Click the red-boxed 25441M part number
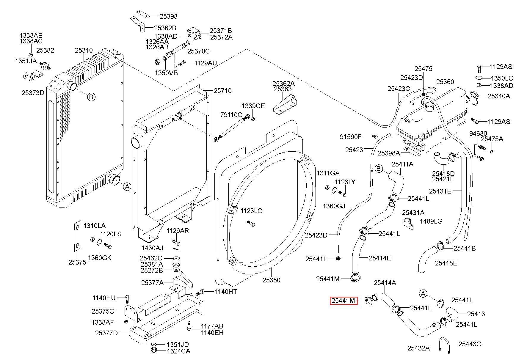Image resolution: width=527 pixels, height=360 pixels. [x=343, y=301]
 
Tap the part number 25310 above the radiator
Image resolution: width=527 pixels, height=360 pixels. [x=84, y=50]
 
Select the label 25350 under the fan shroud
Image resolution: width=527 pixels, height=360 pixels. [x=271, y=280]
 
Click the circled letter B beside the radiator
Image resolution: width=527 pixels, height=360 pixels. [x=91, y=97]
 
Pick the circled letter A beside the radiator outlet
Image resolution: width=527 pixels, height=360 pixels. [x=127, y=187]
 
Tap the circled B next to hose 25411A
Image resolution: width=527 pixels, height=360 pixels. [x=379, y=169]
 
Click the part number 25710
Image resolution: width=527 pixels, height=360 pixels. [x=222, y=91]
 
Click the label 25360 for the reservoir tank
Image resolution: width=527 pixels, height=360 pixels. [x=445, y=82]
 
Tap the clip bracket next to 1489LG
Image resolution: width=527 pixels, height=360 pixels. [x=408, y=224]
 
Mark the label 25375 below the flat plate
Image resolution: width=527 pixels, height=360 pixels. [x=77, y=262]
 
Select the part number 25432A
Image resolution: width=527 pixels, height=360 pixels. [x=418, y=348]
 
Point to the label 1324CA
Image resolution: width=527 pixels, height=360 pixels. [x=178, y=351]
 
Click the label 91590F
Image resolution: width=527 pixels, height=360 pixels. [x=351, y=137]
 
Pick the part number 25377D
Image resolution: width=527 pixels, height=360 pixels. [x=106, y=333]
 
